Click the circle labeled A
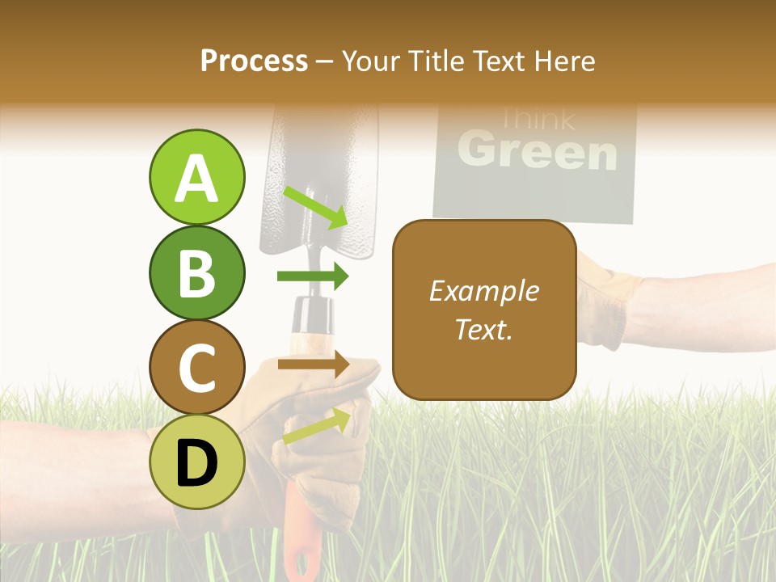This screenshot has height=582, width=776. (196, 177)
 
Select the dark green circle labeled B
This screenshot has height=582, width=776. (196, 272)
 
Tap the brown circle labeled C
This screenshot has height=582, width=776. (196, 367)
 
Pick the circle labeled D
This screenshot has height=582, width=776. (196, 462)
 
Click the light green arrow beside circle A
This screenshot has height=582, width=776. (314, 207)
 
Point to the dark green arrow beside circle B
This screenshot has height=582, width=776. (313, 277)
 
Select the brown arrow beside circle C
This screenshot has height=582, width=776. (313, 364)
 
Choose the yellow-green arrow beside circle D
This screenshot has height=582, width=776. (316, 426)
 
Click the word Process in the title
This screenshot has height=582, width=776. (254, 61)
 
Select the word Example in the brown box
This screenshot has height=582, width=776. (483, 291)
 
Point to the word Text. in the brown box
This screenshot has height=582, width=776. (483, 329)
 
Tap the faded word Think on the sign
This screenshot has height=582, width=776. (536, 120)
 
